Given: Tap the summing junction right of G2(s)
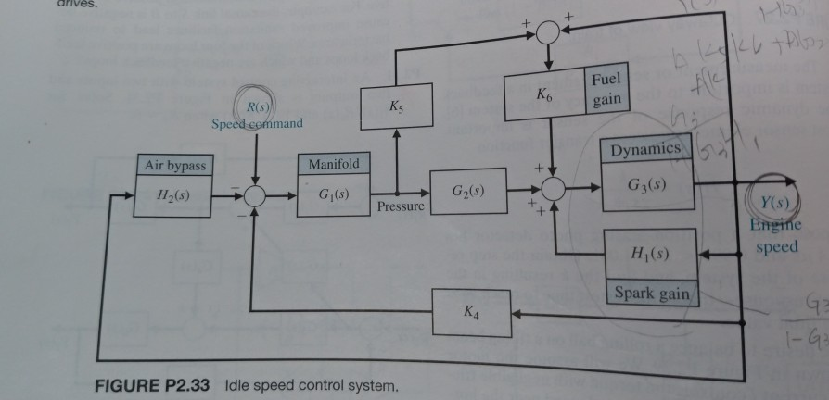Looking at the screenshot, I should pyautogui.click(x=555, y=189).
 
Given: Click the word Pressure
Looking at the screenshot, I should pyautogui.click(x=400, y=206).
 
